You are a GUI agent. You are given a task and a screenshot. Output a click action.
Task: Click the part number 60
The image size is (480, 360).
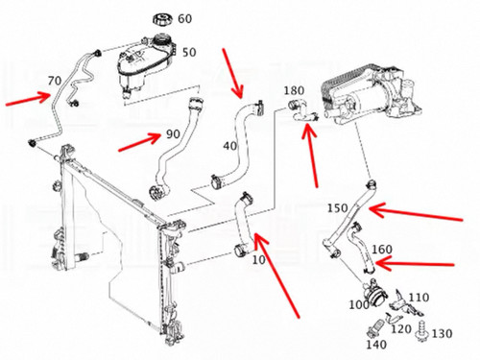click(x=185, y=18)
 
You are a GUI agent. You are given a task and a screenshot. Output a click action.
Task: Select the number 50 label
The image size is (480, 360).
click(x=189, y=52)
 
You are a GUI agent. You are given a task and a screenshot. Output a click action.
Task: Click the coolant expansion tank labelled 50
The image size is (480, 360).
click(x=147, y=64)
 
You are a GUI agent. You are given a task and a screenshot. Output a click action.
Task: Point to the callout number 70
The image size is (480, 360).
click(x=55, y=81)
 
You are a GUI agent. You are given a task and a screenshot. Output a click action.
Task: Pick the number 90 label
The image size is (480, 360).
click(x=173, y=134)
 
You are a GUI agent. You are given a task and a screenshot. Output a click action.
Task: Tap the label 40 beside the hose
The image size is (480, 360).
click(x=230, y=146)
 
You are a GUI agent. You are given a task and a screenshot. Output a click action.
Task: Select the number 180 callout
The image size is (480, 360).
click(x=294, y=90)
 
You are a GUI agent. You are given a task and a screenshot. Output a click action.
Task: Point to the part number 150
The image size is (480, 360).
click(x=337, y=208)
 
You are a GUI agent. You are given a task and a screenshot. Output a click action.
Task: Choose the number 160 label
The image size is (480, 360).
click(x=382, y=249)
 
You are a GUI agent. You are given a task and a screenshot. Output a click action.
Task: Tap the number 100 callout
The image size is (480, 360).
click(x=359, y=304)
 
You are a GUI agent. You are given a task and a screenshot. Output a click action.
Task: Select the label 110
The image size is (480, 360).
click(x=420, y=298)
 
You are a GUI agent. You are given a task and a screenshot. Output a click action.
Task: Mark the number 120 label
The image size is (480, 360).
click(x=401, y=328)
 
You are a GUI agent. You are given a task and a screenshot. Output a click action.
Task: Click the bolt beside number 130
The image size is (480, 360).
click(x=422, y=332)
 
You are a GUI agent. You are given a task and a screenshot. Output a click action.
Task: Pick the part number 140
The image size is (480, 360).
click(x=376, y=345)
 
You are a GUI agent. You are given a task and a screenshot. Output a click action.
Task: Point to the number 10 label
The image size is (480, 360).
click(x=259, y=260)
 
